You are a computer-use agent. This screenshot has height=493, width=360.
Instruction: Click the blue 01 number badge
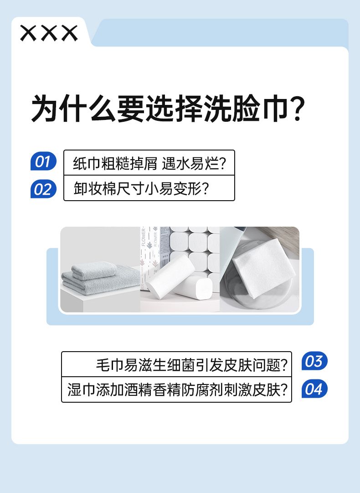point(43,161)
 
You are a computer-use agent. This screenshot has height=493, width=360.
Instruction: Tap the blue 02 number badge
point(43,189)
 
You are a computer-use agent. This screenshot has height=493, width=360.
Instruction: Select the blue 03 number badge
point(314,361)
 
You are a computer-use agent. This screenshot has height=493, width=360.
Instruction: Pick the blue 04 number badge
point(314,389)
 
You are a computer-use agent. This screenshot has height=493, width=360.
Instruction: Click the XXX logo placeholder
point(49,33)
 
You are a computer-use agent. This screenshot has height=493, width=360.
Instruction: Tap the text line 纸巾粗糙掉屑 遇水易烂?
point(149,163)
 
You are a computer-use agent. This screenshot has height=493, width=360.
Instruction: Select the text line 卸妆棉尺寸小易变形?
point(141,189)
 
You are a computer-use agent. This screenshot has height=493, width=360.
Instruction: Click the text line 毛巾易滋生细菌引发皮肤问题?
point(192,365)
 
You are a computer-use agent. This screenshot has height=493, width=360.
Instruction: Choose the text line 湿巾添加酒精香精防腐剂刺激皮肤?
point(177,390)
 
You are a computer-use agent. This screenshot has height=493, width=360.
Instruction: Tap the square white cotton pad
point(263,268)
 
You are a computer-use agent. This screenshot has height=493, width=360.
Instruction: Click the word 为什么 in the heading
point(73,109)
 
